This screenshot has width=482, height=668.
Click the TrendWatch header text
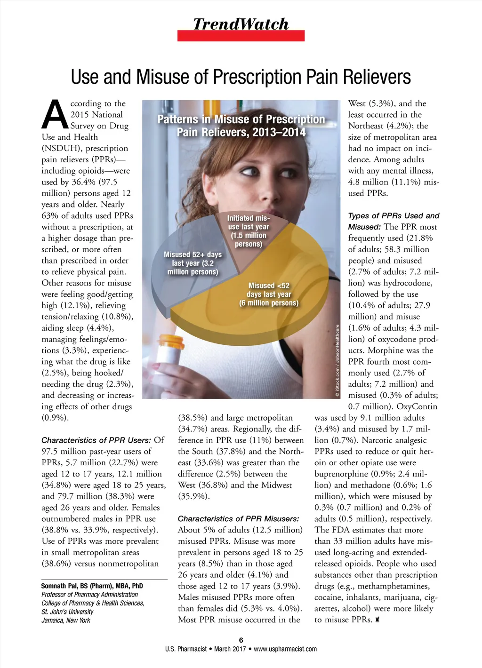[x=241, y=24]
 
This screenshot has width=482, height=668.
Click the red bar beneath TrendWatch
[x=241, y=36]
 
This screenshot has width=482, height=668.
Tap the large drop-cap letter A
[x=56, y=114]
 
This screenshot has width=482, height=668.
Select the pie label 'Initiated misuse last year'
[x=249, y=231]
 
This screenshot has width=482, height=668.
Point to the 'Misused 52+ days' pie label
[x=193, y=263]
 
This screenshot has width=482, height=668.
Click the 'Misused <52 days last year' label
[x=269, y=294]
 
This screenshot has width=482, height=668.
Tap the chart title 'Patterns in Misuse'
[x=241, y=126]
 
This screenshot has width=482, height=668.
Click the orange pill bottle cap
[x=172, y=340]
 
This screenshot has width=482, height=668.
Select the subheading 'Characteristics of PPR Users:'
[x=96, y=440]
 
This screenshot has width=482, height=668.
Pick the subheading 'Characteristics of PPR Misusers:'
[x=238, y=519]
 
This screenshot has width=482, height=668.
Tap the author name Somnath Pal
[x=92, y=586]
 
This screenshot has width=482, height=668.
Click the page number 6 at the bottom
[x=241, y=640]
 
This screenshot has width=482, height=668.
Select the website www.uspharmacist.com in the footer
[x=285, y=649]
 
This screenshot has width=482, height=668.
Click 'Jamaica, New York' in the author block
[x=66, y=620]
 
